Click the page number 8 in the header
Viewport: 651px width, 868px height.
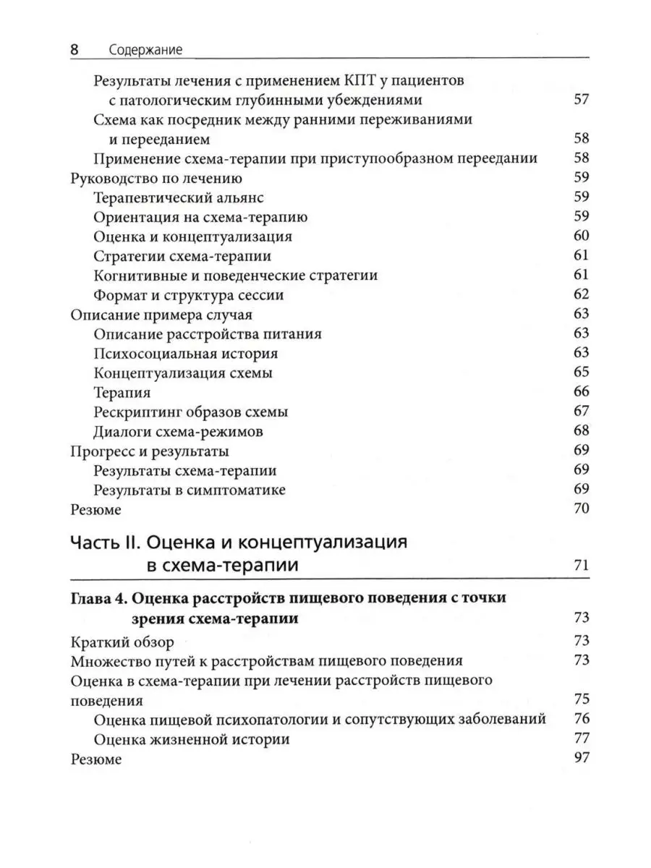coord(74,50)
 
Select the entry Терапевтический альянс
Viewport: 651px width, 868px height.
coord(179,197)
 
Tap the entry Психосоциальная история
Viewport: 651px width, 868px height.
coord(186,354)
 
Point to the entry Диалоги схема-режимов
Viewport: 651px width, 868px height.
coord(178,432)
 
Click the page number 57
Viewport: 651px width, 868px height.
coord(581,99)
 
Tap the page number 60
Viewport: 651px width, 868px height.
coord(581,236)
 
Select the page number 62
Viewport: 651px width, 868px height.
coord(581,294)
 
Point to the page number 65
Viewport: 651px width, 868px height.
coord(581,373)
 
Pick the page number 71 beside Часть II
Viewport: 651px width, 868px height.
coord(581,566)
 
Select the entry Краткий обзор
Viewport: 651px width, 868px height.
coord(122,642)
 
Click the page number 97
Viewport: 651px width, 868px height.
coord(581,759)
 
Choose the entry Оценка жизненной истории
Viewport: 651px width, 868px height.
coord(192,739)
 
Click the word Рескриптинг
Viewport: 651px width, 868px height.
coord(138,412)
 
